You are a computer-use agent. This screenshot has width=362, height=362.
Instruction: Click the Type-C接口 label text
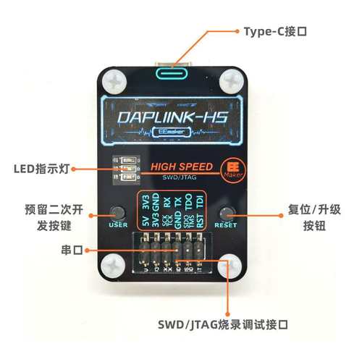(276, 32)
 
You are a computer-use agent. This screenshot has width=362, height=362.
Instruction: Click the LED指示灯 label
(41, 169)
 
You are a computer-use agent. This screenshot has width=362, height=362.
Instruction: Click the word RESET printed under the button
(227, 224)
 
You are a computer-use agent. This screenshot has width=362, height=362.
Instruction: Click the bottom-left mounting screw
(114, 266)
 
